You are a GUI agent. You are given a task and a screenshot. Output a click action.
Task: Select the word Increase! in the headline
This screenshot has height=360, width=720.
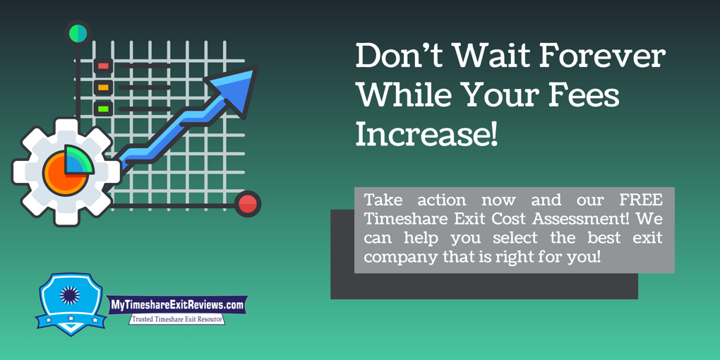pos(426,134)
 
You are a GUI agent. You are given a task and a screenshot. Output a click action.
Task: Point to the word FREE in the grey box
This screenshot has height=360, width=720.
pos(641,199)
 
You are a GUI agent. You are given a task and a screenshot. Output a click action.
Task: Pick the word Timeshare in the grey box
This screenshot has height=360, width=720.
pos(400,219)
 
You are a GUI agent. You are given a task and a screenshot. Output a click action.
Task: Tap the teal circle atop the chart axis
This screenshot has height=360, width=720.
pos(78,33)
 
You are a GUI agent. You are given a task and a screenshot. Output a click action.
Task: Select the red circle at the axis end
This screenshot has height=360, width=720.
pos(247,204)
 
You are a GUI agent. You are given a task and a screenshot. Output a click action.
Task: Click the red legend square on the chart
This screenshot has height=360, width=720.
pos(103,66)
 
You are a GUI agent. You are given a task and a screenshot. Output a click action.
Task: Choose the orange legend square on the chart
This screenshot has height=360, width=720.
pos(103,88)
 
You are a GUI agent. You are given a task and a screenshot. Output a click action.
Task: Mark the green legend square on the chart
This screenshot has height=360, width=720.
pos(103,109)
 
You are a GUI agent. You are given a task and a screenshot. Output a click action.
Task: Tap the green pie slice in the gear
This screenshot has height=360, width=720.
pos(79,160)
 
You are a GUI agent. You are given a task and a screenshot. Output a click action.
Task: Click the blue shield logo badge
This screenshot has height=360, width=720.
pos(70,303)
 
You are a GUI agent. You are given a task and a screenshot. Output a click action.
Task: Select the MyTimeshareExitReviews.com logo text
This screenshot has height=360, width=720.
pos(177,305)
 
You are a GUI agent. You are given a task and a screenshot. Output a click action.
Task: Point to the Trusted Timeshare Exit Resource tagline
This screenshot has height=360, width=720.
pos(177,319)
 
